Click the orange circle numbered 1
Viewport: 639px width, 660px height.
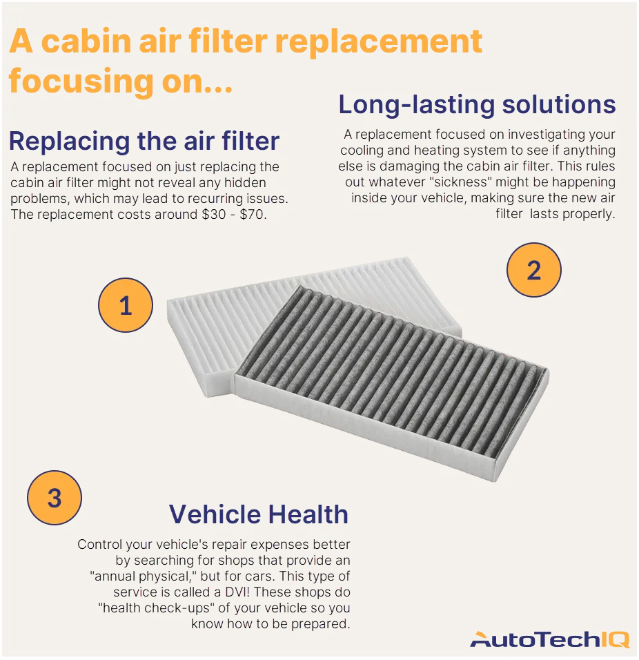tap(126, 305)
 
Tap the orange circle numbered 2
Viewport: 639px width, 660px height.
tap(534, 270)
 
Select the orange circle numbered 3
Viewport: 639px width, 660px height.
tap(55, 498)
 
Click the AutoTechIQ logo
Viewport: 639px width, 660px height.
tap(550, 639)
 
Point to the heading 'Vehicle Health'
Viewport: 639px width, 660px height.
tap(258, 514)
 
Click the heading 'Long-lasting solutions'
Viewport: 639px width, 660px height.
tap(477, 104)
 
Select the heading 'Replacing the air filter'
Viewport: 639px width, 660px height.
tap(144, 141)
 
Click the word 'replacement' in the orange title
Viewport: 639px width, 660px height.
tap(379, 41)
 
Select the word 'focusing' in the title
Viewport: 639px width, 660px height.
tap(81, 81)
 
